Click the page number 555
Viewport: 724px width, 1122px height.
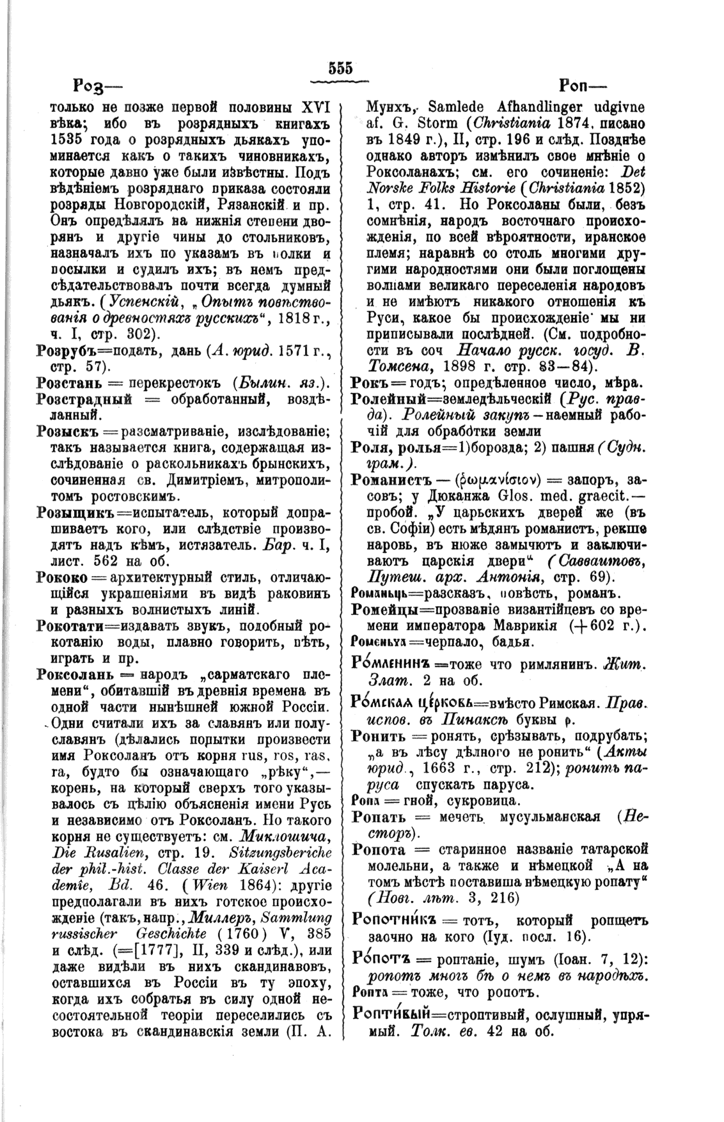click(x=341, y=68)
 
